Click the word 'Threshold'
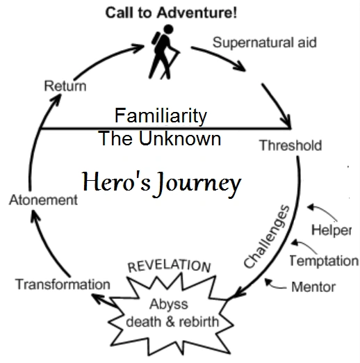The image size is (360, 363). click(290, 145)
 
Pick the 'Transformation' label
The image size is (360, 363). click(63, 284)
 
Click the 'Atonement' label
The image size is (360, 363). click(42, 200)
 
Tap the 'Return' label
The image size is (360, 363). click(65, 86)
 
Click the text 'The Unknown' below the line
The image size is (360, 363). click(161, 138)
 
